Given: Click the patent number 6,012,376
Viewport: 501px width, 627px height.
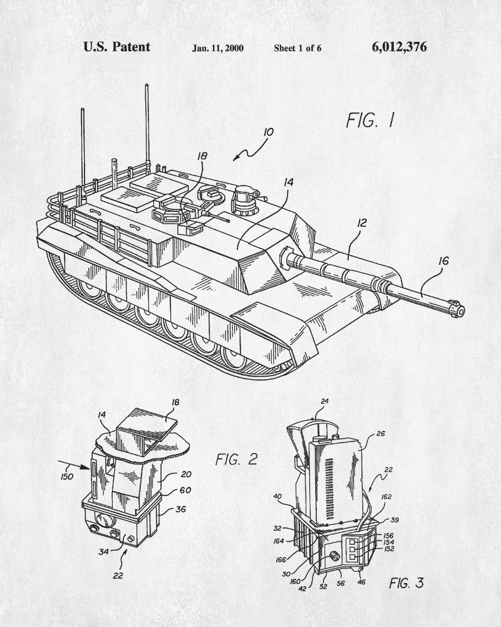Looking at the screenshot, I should [x=399, y=47].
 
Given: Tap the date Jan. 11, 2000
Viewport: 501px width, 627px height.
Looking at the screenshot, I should [x=217, y=48].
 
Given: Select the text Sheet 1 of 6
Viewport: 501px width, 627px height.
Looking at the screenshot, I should [x=297, y=48].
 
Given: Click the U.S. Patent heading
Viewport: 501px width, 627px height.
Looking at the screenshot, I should [x=116, y=47].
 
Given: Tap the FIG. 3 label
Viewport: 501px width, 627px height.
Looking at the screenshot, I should [x=405, y=583].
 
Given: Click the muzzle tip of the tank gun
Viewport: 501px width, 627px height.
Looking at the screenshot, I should [x=461, y=310].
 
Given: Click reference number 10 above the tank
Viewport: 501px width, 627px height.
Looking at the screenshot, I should [x=267, y=132].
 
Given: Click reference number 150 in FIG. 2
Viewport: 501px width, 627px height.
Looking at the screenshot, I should [x=67, y=477].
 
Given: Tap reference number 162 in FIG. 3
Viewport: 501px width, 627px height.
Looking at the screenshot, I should [x=386, y=495].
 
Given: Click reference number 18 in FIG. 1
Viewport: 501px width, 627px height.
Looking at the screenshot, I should [x=202, y=157].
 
